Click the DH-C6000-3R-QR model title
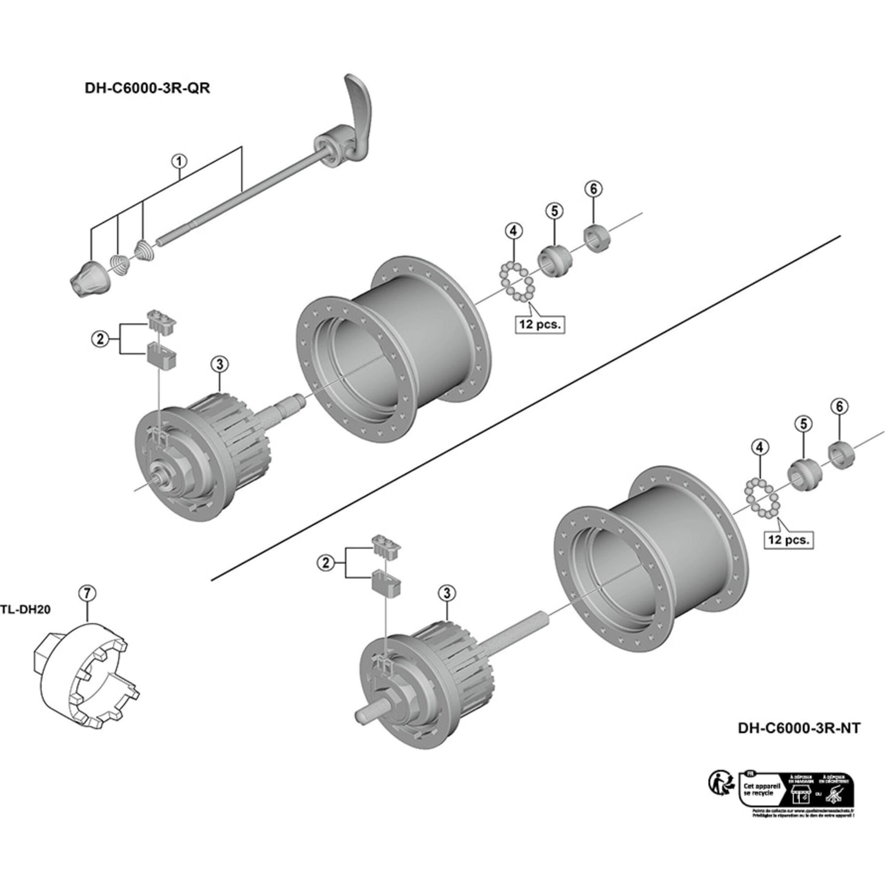point(147,88)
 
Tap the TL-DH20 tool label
point(26,609)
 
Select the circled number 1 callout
point(179,161)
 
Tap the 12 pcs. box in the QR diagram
point(540,324)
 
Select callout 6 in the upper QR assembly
point(593,188)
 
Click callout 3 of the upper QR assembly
point(220,364)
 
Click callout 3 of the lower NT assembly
point(447,593)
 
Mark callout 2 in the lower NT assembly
point(326,563)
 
